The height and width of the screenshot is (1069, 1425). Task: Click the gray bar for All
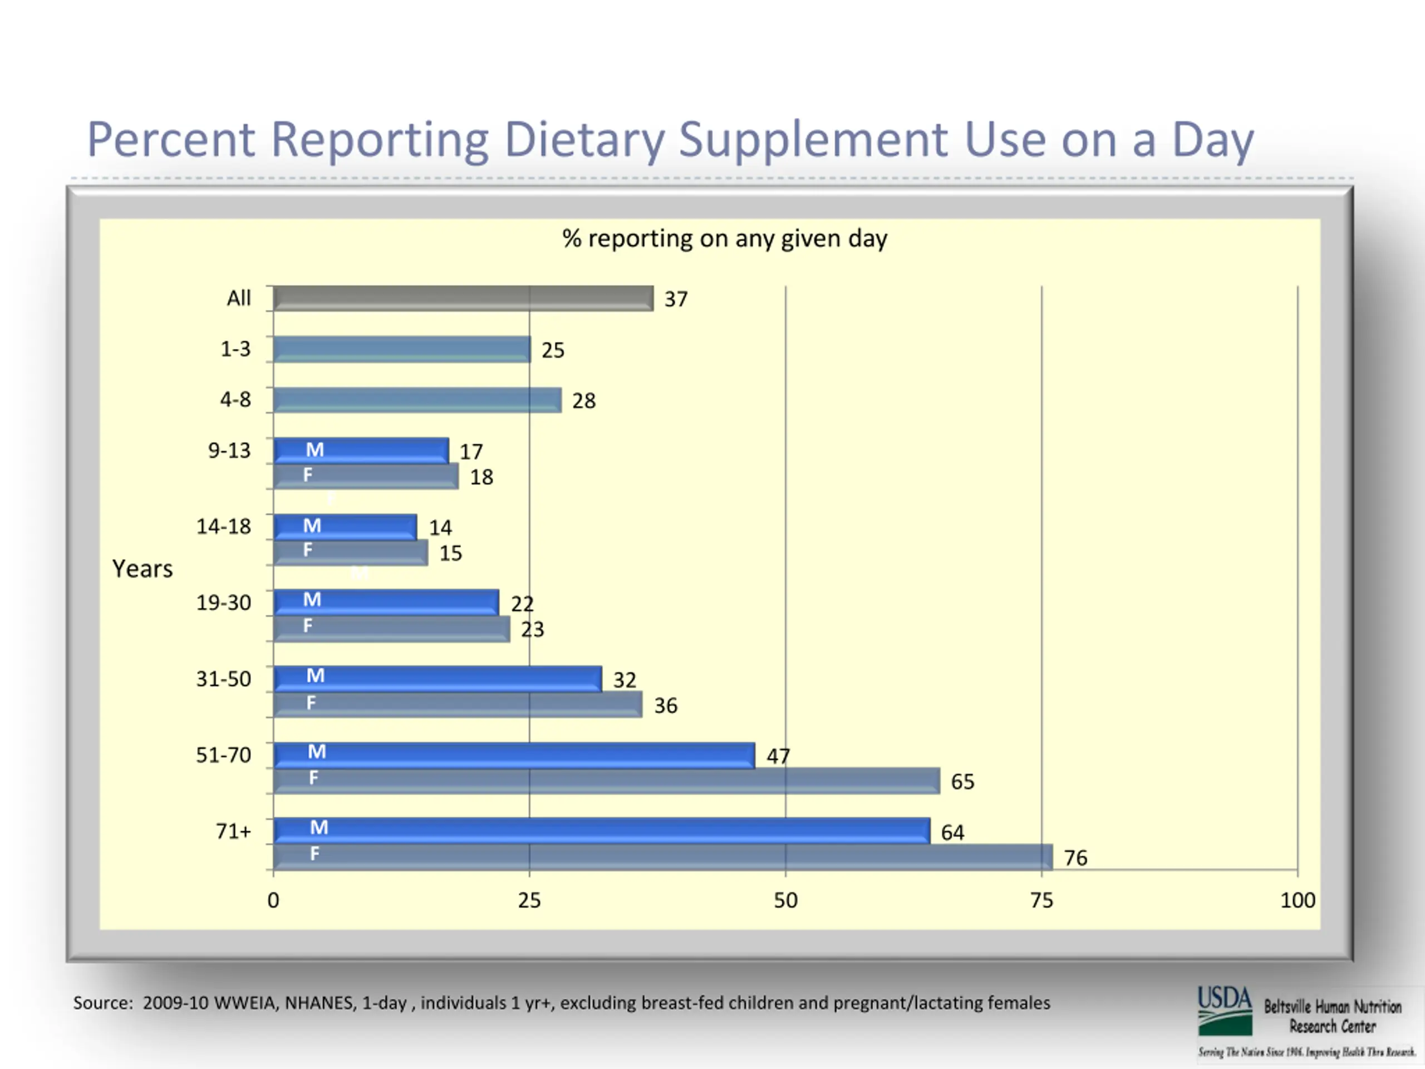(x=463, y=298)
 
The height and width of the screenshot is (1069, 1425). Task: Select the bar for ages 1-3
(x=401, y=349)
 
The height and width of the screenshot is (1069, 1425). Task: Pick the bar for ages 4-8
(x=417, y=400)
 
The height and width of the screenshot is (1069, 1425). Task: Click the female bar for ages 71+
(x=662, y=857)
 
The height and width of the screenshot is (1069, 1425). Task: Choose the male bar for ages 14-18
(x=345, y=527)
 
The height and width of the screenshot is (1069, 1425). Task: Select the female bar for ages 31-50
(x=458, y=704)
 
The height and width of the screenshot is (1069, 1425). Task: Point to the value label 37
(x=676, y=299)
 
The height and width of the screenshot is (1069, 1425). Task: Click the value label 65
(x=962, y=782)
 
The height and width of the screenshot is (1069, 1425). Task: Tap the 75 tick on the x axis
(x=1041, y=900)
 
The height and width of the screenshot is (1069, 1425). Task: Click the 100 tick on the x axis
(x=1297, y=900)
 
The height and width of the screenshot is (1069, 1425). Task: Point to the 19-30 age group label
(x=224, y=602)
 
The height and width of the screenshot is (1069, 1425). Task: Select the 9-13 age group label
(x=229, y=450)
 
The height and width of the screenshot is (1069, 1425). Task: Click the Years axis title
(x=142, y=569)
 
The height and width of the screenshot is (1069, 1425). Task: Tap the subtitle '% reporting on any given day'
(x=724, y=238)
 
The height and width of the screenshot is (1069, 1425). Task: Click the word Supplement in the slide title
(x=813, y=140)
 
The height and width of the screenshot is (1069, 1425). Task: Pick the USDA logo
(x=1224, y=1011)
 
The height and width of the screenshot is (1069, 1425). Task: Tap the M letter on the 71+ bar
(x=319, y=827)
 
